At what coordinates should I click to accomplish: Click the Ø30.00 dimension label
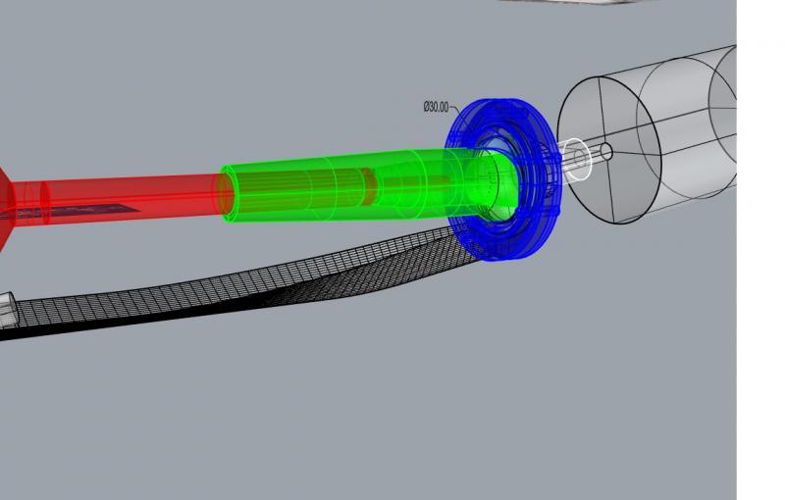(x=436, y=107)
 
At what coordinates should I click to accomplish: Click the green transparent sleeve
(x=350, y=187)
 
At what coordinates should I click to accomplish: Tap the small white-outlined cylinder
(x=575, y=159)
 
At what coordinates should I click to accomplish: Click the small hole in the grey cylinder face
(x=605, y=151)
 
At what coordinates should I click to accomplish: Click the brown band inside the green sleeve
(x=369, y=187)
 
